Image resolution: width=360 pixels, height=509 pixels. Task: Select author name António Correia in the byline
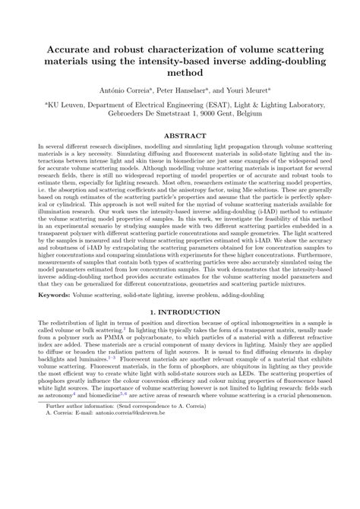pyautogui.click(x=116, y=89)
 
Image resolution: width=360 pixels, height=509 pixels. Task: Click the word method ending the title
pyautogui.click(x=180, y=73)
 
